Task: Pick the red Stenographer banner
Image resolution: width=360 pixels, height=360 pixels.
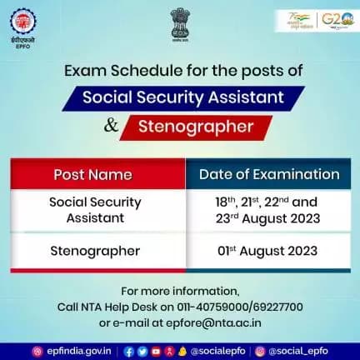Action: (x=197, y=128)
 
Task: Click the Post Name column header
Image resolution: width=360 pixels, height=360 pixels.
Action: (x=92, y=175)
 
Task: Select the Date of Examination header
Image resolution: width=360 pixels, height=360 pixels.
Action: (x=269, y=175)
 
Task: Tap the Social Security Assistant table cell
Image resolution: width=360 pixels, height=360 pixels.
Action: (x=95, y=210)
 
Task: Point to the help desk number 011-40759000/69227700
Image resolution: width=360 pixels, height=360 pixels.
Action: (x=249, y=307)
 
